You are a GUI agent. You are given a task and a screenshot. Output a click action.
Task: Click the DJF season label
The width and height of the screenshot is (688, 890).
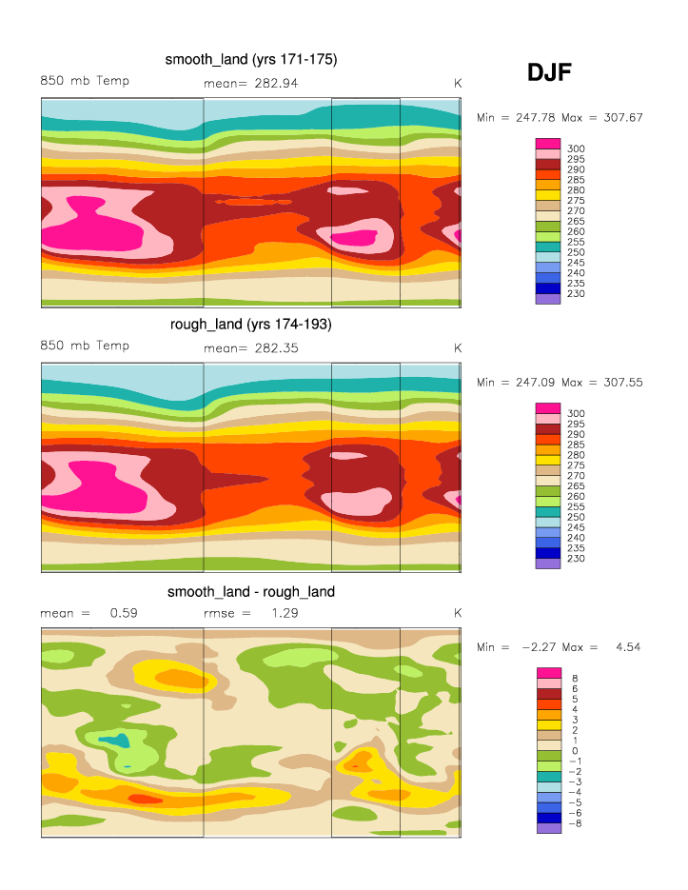click(x=549, y=72)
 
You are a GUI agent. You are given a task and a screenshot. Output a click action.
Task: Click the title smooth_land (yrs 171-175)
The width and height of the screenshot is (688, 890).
click(x=251, y=59)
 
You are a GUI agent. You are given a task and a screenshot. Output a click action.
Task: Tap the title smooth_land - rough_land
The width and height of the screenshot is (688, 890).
click(x=251, y=591)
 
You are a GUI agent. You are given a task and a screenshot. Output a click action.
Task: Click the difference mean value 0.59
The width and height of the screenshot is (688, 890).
click(x=124, y=613)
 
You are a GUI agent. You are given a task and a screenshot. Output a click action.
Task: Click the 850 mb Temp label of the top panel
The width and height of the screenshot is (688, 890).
click(x=85, y=81)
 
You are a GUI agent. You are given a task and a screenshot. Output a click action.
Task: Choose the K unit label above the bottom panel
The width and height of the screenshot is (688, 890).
click(x=458, y=613)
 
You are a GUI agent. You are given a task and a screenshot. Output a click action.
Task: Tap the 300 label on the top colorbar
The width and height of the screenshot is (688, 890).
click(x=577, y=148)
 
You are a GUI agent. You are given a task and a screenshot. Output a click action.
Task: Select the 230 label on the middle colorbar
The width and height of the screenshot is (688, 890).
click(x=577, y=558)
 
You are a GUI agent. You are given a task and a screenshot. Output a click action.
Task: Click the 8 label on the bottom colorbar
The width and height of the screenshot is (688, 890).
click(x=575, y=678)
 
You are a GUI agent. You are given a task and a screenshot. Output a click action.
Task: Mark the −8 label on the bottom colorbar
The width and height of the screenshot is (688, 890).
click(x=575, y=822)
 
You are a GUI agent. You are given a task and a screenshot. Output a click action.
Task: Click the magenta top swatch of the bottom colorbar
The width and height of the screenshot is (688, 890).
click(x=548, y=673)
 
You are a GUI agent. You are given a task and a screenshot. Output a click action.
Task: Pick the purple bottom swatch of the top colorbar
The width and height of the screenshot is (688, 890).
click(x=548, y=299)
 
